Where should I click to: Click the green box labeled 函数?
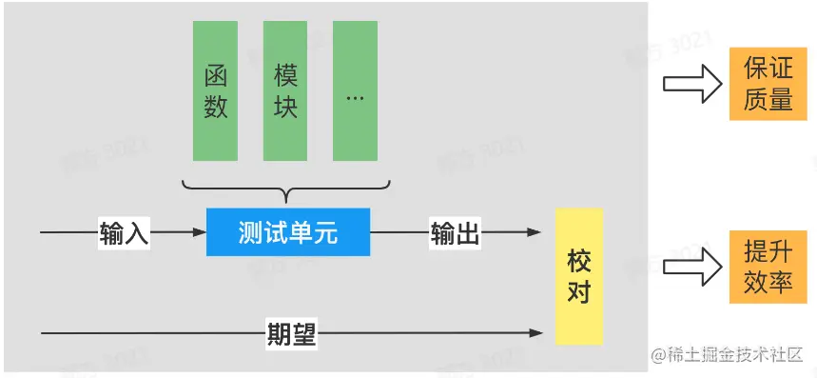(x=215, y=90)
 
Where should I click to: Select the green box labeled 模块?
(x=285, y=90)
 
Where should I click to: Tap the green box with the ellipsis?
(x=355, y=90)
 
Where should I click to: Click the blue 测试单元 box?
(x=288, y=232)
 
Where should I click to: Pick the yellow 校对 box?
(x=578, y=276)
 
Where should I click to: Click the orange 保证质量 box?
(x=768, y=84)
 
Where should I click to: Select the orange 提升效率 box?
(x=768, y=268)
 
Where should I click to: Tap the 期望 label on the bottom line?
(x=291, y=334)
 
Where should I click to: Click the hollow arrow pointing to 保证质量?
(x=691, y=84)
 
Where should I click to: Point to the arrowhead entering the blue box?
(x=199, y=232)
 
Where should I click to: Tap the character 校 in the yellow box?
(x=578, y=260)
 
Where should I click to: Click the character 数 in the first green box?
(x=216, y=107)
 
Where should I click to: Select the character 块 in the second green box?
(x=285, y=107)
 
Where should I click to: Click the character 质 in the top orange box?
(x=755, y=99)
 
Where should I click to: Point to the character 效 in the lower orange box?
(x=755, y=283)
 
